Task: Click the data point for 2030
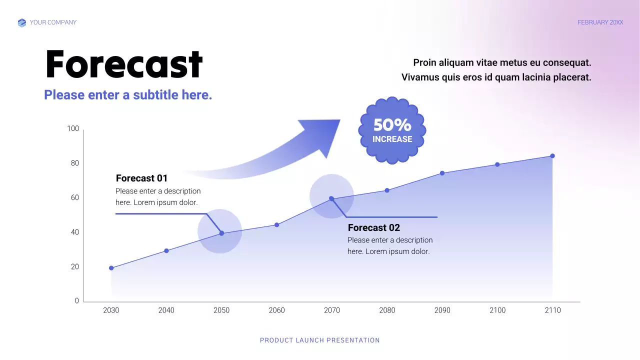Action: coord(111,268)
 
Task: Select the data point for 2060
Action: coord(276,225)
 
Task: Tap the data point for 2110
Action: coord(552,156)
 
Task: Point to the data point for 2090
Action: coord(442,173)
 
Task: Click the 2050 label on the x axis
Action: coord(221,310)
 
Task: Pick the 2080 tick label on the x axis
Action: coord(387,310)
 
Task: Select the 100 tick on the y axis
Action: coord(73,129)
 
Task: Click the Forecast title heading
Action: coord(123,65)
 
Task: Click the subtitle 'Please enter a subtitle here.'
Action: coord(128,95)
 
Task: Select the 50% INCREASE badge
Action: coord(392,130)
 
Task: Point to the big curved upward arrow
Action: coord(280,150)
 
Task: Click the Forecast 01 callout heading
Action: coord(141,178)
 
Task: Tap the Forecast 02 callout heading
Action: coord(373,228)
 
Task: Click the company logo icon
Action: coord(21,22)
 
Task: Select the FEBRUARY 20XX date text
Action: coord(600,22)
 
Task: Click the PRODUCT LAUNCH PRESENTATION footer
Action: coord(320,340)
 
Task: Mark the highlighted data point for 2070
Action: coord(331,198)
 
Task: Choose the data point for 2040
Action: coord(166,251)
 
